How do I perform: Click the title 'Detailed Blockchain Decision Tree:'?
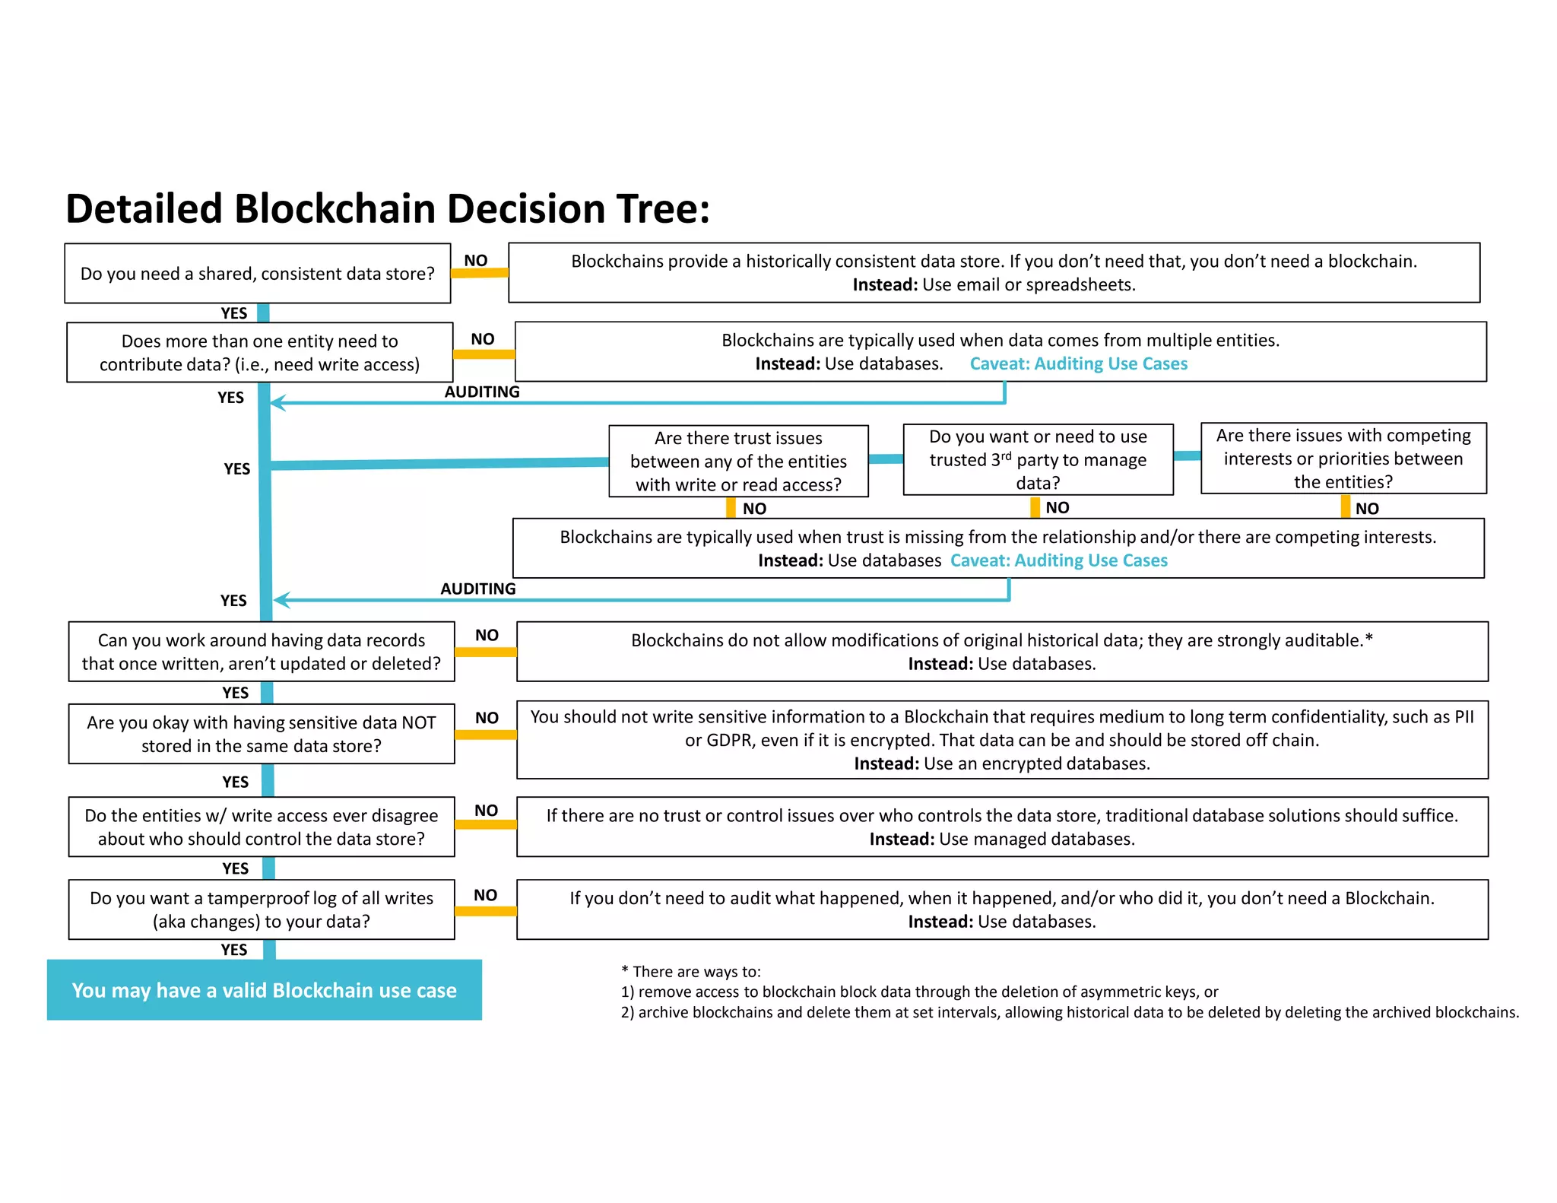tap(388, 208)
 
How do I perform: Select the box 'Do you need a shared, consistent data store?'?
tap(258, 274)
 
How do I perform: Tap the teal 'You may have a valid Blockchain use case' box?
tap(265, 990)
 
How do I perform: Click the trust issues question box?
tap(738, 462)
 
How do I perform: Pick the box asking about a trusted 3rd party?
tap(1038, 460)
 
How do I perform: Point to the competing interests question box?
tap(1343, 459)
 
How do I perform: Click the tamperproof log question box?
tap(262, 909)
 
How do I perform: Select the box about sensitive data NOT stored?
tap(262, 734)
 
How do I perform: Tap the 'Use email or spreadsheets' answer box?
tap(994, 273)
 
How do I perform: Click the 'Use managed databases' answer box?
tap(1002, 827)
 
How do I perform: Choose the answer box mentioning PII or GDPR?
tap(1002, 740)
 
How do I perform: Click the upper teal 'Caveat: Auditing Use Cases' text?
tap(1078, 364)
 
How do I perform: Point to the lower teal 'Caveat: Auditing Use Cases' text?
tap(1058, 561)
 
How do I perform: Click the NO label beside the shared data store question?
tap(476, 261)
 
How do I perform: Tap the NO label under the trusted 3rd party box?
tap(1058, 508)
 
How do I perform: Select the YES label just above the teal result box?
tap(234, 950)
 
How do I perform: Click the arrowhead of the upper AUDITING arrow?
tap(277, 403)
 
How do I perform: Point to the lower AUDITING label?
tap(478, 589)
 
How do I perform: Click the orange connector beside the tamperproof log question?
tap(485, 911)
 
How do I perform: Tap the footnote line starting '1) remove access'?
tap(919, 992)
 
